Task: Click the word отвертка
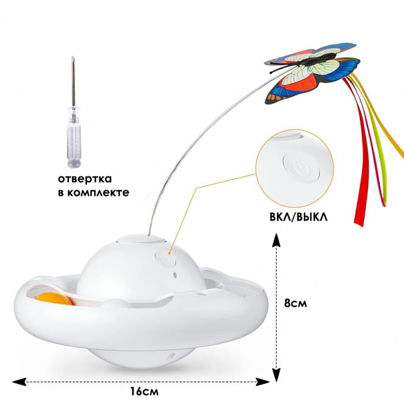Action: coord(85,179)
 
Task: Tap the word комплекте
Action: coord(98,192)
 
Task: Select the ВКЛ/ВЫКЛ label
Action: coord(298,217)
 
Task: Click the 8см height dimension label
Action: coord(296,303)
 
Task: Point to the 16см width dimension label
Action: coord(144,391)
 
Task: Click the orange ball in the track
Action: coord(55,299)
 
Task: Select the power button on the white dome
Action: coord(166,258)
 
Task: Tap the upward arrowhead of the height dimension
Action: coord(276,240)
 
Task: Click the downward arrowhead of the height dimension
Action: coord(276,374)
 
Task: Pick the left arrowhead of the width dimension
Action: coord(19,382)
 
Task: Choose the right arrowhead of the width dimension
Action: coord(262,382)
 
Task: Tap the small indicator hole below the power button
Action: coord(175,275)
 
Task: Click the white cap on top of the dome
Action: coord(141,239)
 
